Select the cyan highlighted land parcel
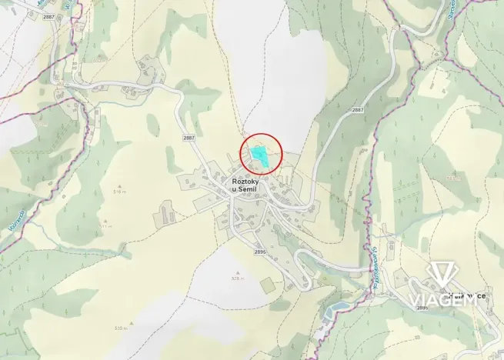coord(261,154)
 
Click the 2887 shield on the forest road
coord(357,110)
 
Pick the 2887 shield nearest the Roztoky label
coord(189,137)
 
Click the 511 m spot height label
coord(105,227)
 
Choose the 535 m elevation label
coord(119,328)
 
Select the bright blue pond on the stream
coord(333,311)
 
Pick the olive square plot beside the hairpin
coord(266,286)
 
